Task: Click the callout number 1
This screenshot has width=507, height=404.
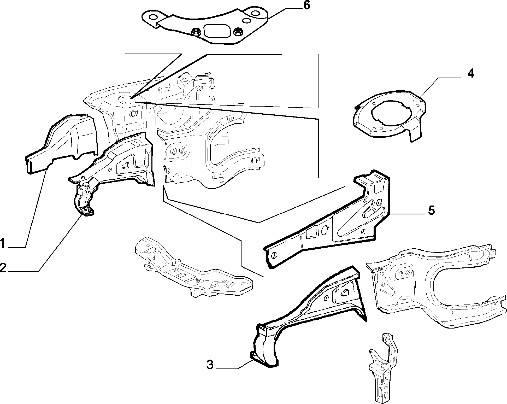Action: point(3,243)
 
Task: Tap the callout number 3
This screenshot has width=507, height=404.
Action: point(210,365)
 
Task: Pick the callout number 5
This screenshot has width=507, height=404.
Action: point(431,210)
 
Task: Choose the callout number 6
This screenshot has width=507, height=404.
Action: point(307,5)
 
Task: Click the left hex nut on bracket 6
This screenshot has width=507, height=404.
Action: point(195,32)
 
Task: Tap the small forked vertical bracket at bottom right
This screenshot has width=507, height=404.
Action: point(383,368)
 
